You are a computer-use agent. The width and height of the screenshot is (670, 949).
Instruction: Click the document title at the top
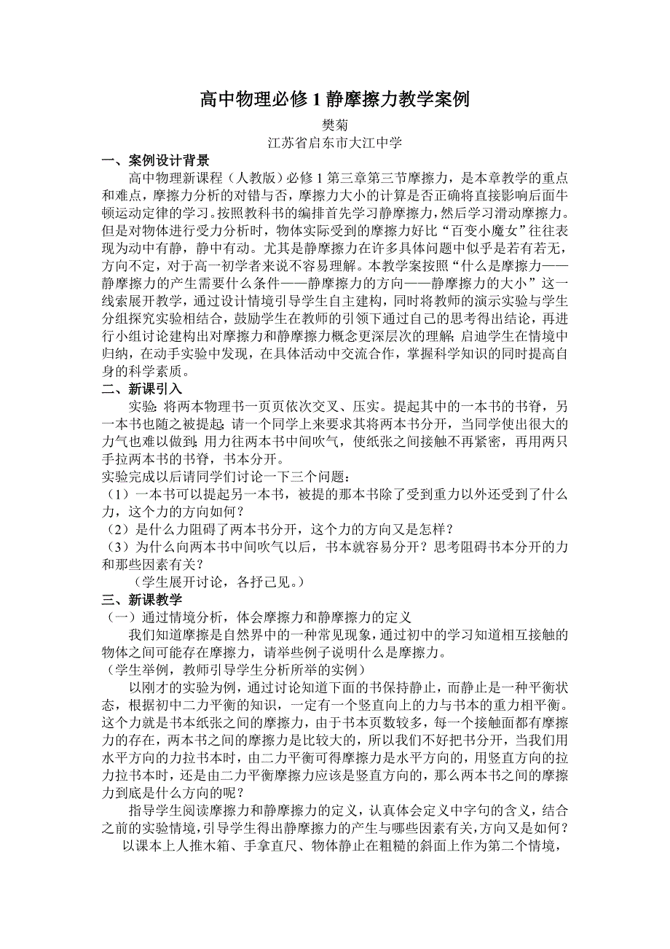tap(334, 100)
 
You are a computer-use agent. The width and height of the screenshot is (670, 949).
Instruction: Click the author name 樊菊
tap(334, 125)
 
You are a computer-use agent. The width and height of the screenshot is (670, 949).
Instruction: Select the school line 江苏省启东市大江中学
tap(334, 143)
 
